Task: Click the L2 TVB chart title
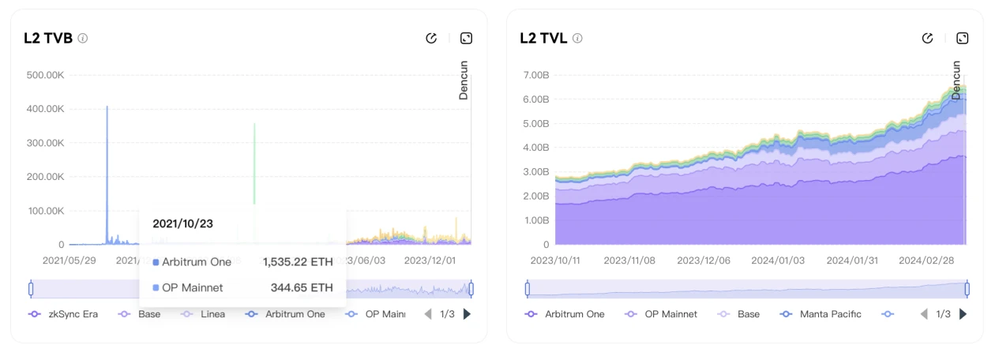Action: [48, 38]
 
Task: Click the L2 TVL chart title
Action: [543, 38]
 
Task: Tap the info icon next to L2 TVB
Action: [83, 38]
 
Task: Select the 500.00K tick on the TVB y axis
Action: [45, 75]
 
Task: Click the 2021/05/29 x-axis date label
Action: [69, 260]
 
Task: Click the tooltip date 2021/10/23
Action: [182, 224]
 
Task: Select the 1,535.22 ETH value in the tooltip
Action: [298, 262]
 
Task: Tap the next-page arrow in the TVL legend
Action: [963, 314]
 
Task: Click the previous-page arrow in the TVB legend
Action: [428, 314]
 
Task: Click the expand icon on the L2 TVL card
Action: [962, 38]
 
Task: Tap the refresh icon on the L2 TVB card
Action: [431, 38]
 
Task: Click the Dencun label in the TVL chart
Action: [956, 80]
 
